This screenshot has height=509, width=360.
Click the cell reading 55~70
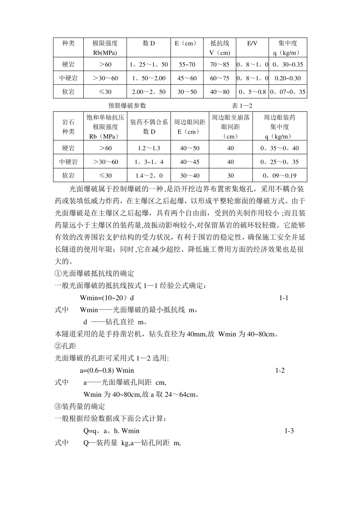[x=187, y=64]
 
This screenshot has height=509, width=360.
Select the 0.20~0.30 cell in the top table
[x=288, y=78]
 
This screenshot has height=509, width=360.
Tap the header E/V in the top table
[x=252, y=44]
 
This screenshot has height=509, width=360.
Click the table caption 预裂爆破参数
[x=127, y=106]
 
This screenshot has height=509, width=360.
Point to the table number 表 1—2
[x=242, y=106]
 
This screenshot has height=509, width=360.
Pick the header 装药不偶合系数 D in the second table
[x=149, y=127]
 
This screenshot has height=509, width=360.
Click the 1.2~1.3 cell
[x=149, y=148]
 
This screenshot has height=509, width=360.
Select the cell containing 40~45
[x=189, y=162]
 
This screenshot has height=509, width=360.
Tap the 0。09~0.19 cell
[x=280, y=176]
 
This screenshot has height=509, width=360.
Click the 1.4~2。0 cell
[x=149, y=176]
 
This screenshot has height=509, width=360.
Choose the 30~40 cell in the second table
[x=189, y=176]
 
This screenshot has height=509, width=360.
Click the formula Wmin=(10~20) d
[x=107, y=298]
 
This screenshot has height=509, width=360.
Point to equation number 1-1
[x=284, y=298]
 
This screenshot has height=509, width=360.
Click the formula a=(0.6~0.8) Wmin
[x=107, y=370]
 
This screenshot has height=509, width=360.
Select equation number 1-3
[x=289, y=431]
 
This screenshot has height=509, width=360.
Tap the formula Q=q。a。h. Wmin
[x=111, y=431]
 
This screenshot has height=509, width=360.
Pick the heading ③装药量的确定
[x=80, y=406]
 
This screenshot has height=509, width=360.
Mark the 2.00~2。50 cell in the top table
[x=149, y=92]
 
